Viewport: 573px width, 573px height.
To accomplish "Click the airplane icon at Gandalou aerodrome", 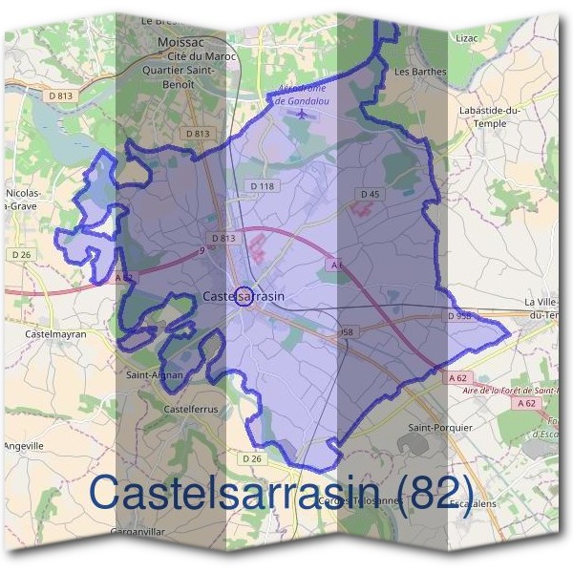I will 304,115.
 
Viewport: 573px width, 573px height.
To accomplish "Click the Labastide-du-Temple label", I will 489,117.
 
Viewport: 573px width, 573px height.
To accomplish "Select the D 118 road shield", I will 260,185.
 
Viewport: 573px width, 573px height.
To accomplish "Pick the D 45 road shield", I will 370,195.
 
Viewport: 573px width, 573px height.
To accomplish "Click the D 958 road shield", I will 460,314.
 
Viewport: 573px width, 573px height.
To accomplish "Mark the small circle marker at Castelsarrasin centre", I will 244,297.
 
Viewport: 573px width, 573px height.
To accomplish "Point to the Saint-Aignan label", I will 154,375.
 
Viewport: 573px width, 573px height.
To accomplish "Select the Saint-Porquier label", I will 439,427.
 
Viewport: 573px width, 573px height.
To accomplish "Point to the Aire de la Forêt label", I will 506,390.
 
